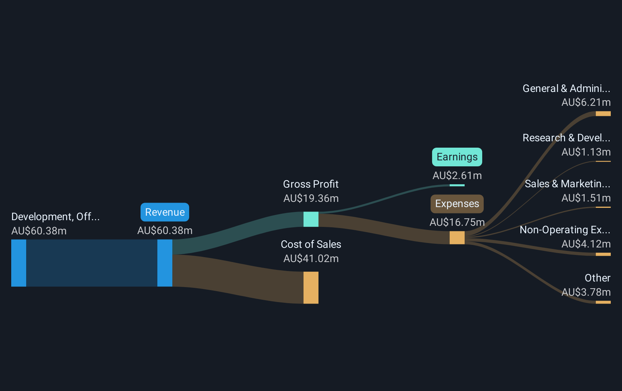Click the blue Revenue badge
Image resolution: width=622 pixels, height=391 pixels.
[x=165, y=212]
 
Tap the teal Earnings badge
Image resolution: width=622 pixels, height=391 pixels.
[x=457, y=157]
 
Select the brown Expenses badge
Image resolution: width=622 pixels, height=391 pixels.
[x=457, y=204]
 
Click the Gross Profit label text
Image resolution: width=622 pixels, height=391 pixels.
[x=311, y=184]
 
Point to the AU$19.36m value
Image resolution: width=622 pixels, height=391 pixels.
[x=311, y=198]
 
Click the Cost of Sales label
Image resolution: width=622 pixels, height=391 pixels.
[x=311, y=244]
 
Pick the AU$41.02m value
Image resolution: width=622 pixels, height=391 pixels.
[x=311, y=259]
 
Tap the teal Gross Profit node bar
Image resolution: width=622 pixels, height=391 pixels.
[x=311, y=219]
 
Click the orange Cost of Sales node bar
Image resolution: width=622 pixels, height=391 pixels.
[x=311, y=287]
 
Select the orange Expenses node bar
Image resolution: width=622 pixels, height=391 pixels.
[x=457, y=238]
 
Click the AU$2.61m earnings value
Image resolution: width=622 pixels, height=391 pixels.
[x=457, y=176]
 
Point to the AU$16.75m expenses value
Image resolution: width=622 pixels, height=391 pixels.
[x=457, y=222]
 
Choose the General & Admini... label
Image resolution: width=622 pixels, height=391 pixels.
[x=566, y=89]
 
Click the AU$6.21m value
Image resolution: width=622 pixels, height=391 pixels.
[x=586, y=102]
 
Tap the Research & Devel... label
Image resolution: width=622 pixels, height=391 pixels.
[x=566, y=138]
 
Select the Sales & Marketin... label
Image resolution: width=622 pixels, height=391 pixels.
[x=567, y=184]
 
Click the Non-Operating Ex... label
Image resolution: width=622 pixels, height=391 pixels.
[x=564, y=230]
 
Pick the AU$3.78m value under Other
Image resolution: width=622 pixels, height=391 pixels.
[x=586, y=292]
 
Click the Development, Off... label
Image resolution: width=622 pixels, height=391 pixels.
[x=55, y=217]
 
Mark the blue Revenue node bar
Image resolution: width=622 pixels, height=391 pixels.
[x=165, y=263]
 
